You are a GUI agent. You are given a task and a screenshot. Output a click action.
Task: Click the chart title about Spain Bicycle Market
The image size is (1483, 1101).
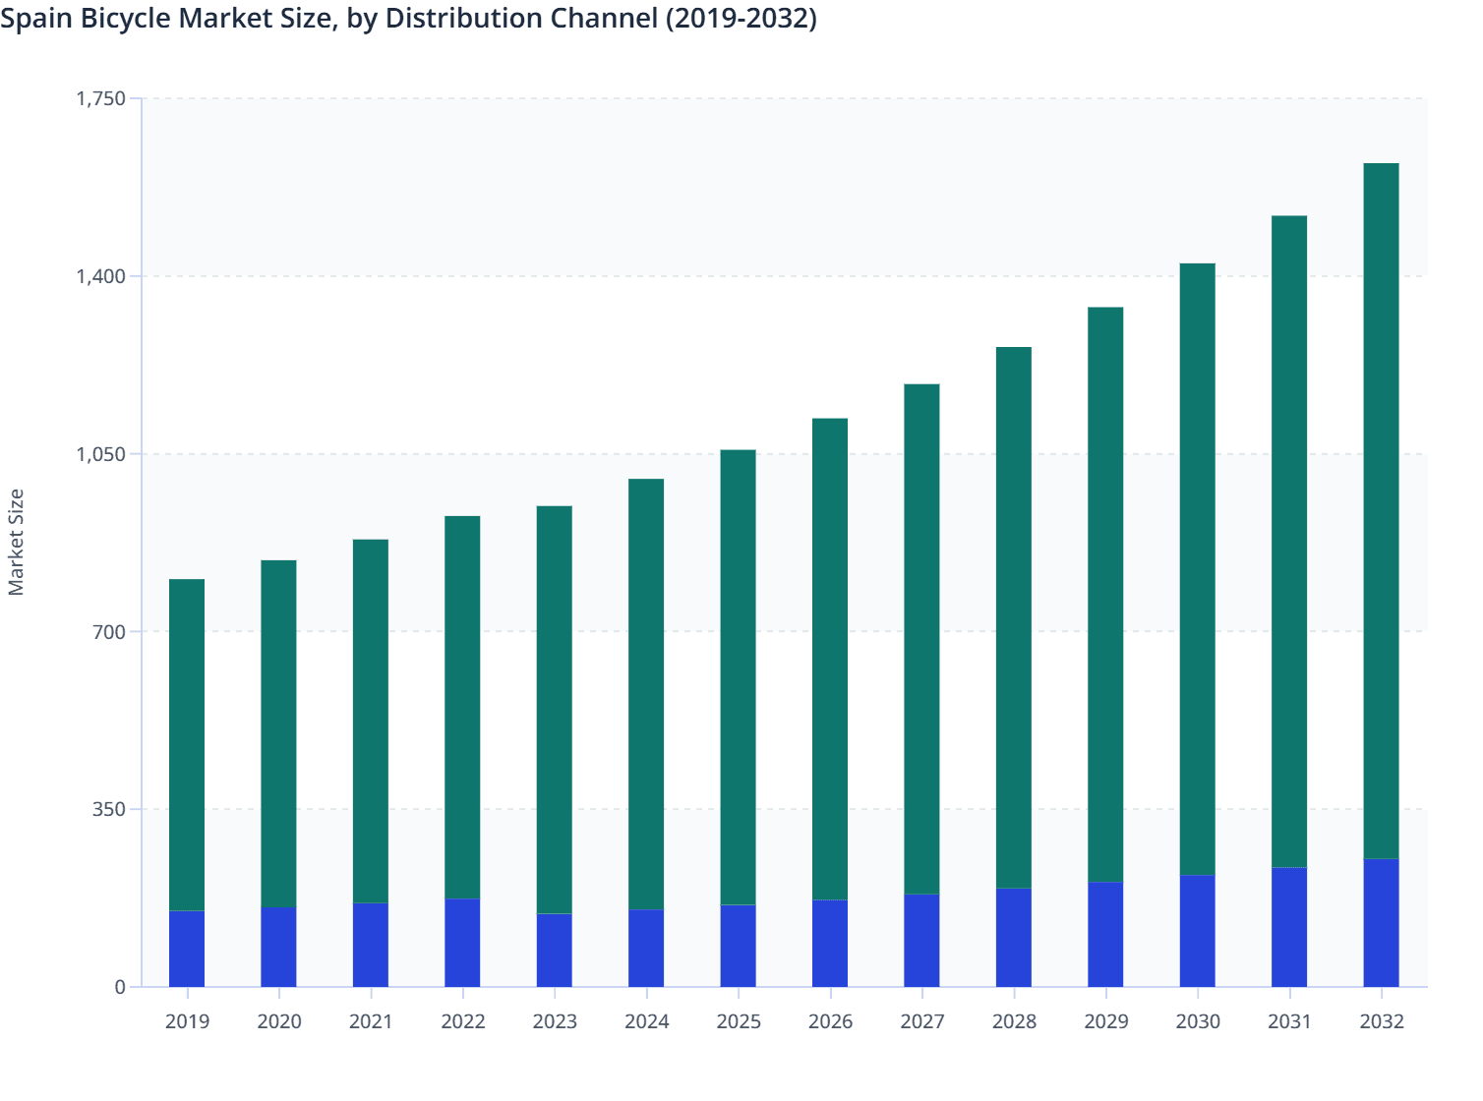(x=408, y=19)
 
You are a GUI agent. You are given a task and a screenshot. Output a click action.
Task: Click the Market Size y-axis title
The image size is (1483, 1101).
(x=16, y=542)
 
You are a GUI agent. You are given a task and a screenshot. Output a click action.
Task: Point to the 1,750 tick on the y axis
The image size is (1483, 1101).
(x=100, y=98)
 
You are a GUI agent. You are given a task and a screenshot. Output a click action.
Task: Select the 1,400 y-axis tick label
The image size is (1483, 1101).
(x=100, y=276)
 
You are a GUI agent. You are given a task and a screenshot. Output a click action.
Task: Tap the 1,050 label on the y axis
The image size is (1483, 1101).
(x=100, y=454)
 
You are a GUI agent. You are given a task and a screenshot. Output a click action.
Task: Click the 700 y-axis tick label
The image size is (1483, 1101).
(x=109, y=631)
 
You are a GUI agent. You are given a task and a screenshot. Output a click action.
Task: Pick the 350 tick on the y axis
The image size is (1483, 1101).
(x=109, y=809)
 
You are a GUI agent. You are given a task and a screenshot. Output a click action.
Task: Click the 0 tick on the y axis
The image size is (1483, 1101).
(x=120, y=987)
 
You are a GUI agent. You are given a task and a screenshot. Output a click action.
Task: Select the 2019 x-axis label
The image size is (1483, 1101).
(x=187, y=1021)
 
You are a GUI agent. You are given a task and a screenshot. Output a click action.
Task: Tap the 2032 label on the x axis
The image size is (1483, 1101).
(x=1381, y=1021)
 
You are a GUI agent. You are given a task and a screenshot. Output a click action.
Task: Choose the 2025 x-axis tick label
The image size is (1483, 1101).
(x=738, y=1021)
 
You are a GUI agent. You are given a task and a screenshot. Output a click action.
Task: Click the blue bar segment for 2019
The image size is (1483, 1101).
(x=187, y=949)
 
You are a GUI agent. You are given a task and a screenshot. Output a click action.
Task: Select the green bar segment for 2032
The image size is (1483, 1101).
(x=1381, y=511)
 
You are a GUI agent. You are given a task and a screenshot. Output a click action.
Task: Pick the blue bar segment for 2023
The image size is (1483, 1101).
(x=554, y=951)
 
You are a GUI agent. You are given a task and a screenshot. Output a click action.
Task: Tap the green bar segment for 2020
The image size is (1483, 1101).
(x=278, y=733)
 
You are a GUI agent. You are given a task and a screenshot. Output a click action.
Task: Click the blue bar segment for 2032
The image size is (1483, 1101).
(x=1381, y=923)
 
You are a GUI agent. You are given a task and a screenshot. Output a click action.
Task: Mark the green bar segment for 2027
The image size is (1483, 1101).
(x=921, y=639)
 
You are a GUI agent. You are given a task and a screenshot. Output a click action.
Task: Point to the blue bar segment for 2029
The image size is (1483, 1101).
(x=1105, y=935)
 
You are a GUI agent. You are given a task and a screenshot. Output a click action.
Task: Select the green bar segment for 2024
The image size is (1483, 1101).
(x=646, y=694)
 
